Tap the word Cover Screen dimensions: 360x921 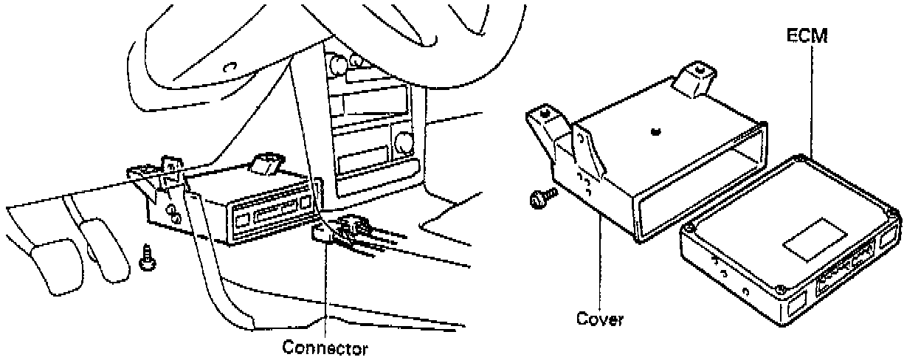(x=599, y=320)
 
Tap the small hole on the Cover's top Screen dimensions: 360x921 (x=657, y=132)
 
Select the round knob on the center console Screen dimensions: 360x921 (x=404, y=139)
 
